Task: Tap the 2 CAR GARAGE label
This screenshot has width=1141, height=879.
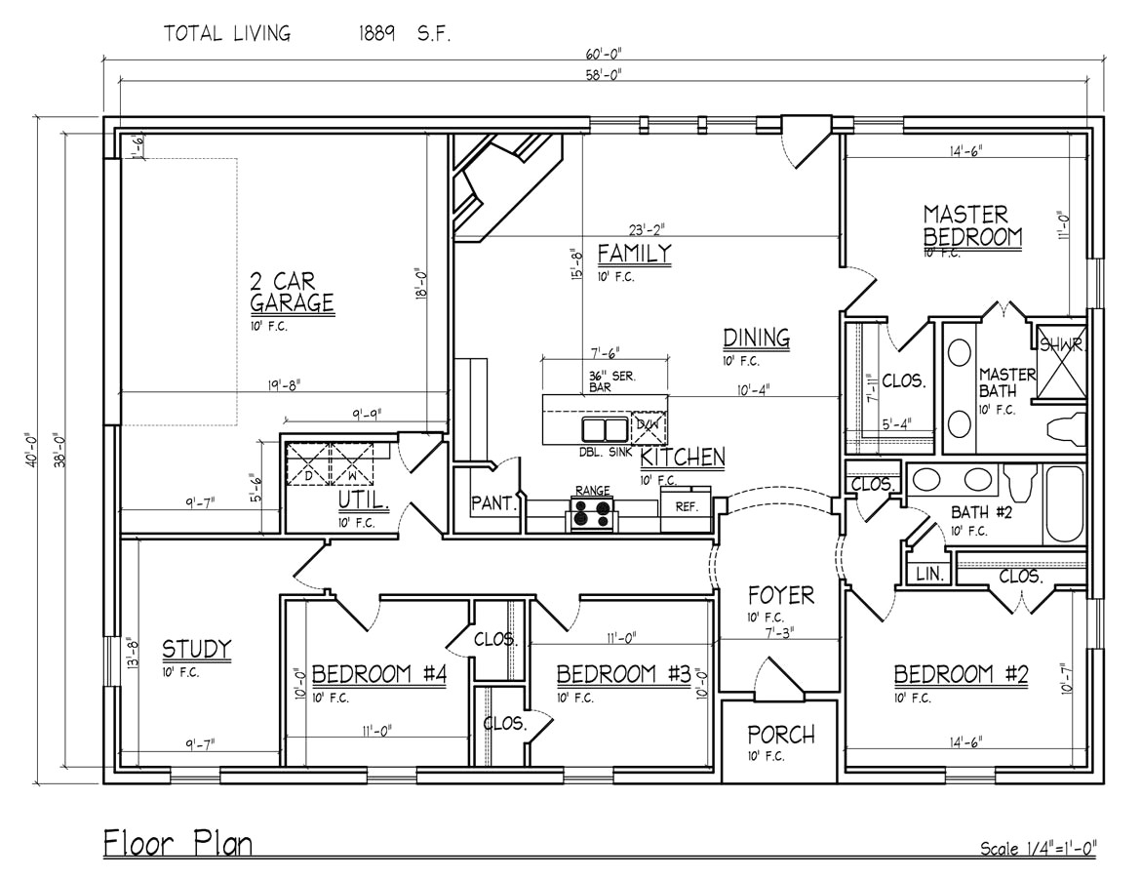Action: (x=292, y=292)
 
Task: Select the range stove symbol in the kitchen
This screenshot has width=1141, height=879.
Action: (x=593, y=512)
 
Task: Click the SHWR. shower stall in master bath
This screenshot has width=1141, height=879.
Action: (x=1060, y=361)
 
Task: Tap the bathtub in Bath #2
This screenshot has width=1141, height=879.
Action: (x=1065, y=503)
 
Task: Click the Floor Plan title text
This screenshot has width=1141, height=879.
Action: (x=177, y=844)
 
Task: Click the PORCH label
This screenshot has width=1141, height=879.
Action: (x=780, y=735)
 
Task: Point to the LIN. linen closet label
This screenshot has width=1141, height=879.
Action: (x=929, y=576)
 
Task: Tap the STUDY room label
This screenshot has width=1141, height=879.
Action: (x=196, y=649)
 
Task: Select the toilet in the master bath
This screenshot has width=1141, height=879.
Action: (x=1065, y=430)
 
